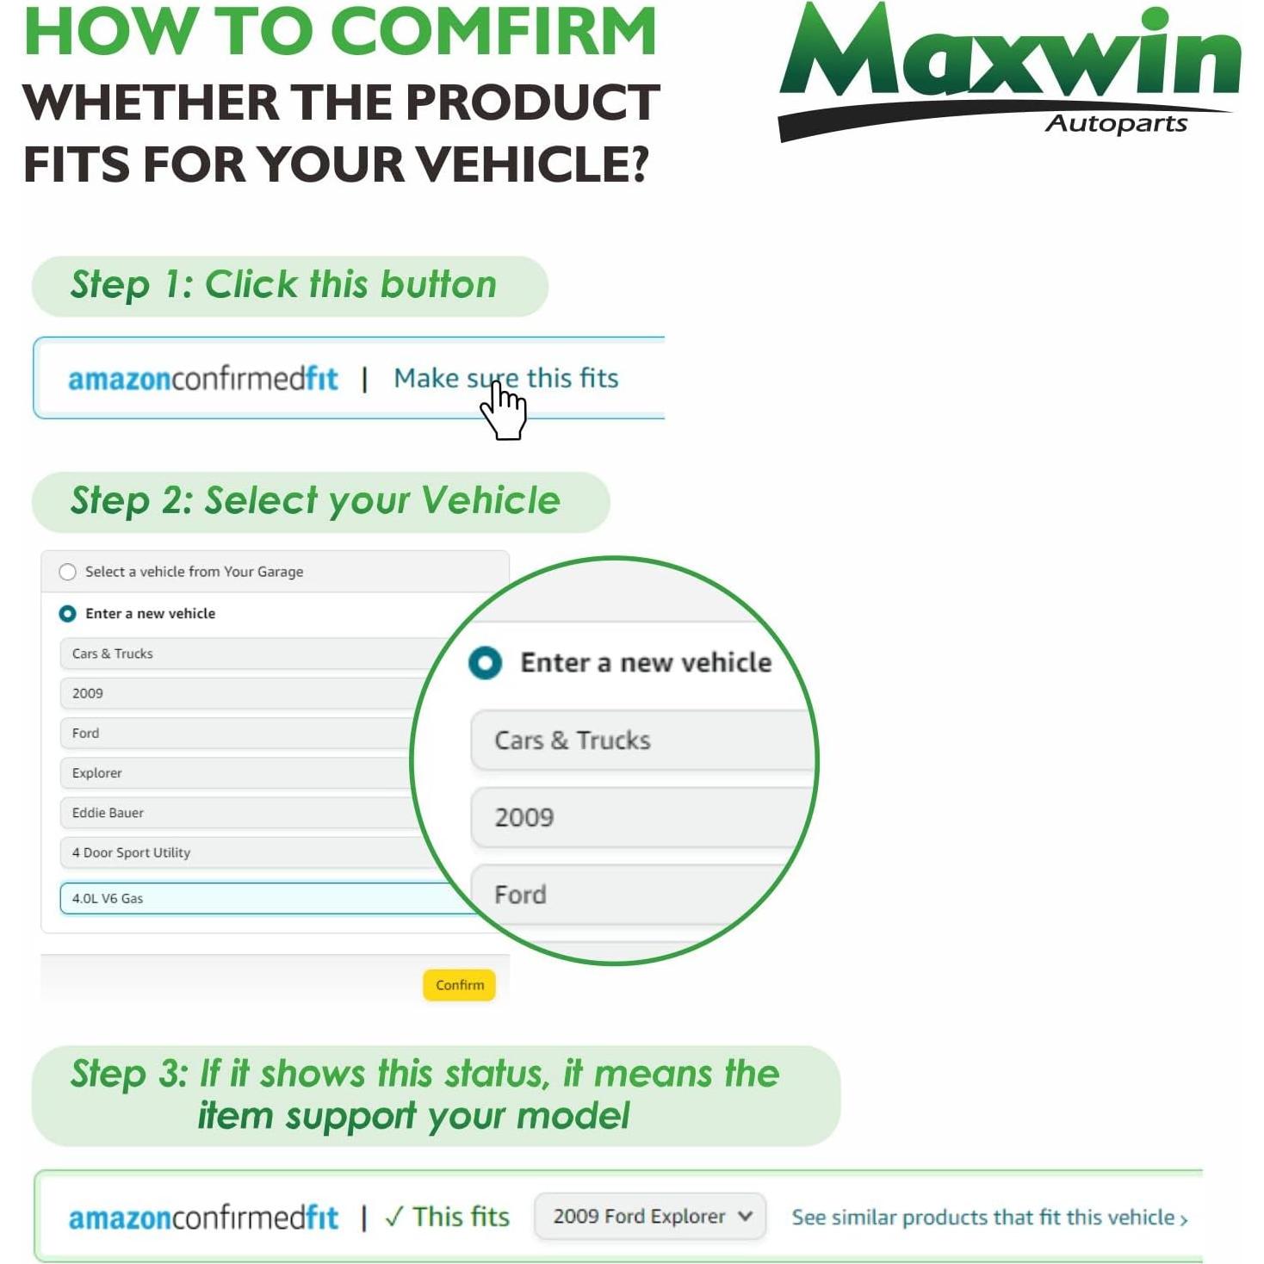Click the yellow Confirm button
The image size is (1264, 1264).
[x=459, y=985]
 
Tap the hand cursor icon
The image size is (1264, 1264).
[x=504, y=411]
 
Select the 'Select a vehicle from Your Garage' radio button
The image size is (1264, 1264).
[x=67, y=572]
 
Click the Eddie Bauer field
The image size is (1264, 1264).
[x=232, y=813]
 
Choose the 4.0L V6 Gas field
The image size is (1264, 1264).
[x=258, y=898]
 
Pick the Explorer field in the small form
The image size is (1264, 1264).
[x=232, y=773]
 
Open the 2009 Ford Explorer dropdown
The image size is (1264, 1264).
[x=650, y=1217]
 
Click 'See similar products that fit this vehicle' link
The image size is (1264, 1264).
[x=989, y=1218]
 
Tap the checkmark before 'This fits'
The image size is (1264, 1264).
[x=393, y=1217]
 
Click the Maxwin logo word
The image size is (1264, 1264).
[x=1009, y=56]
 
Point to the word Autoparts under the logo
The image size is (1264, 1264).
[x=1116, y=124]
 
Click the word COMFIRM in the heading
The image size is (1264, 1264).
[x=493, y=33]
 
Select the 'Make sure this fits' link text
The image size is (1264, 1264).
[x=506, y=378]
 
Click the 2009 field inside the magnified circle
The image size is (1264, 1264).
[x=641, y=817]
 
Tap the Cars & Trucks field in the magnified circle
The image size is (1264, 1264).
[x=641, y=740]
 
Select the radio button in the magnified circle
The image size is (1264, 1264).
[x=486, y=663]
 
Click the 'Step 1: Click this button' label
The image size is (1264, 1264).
[x=284, y=285]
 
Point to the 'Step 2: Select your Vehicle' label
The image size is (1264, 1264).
[x=315, y=501]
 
